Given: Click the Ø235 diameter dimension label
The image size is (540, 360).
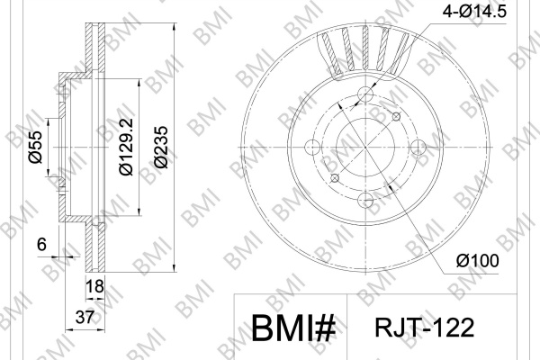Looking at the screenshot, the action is point(161,147).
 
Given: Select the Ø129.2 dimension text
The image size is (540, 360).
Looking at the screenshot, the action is point(126,147).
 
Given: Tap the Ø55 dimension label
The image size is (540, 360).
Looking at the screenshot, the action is point(35,147).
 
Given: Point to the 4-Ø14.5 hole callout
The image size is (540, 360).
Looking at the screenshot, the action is point(474,12).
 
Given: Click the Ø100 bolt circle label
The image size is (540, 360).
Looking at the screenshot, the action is point(477,261).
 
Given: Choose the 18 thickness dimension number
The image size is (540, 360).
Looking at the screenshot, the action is point(94,286).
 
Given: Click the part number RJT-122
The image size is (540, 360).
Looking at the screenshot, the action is point(424,328).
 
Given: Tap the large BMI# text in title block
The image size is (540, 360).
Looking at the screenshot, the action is point(293,328).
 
